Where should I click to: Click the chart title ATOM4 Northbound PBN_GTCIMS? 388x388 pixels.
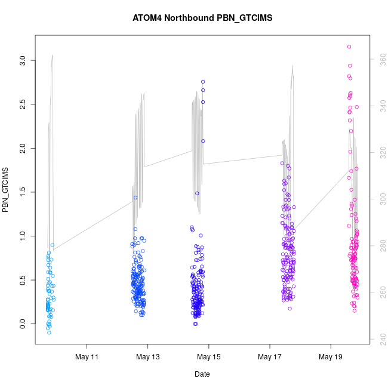tap(202, 18)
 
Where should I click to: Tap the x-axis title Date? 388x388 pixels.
tap(202, 374)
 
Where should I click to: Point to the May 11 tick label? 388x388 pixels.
tap(87, 357)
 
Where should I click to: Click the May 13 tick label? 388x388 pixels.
tap(148, 357)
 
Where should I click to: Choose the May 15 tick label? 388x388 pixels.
tap(209, 357)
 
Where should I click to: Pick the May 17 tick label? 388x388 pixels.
tap(270, 357)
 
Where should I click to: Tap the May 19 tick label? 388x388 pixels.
tap(331, 357)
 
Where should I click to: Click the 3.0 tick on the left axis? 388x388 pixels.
tap(22, 60)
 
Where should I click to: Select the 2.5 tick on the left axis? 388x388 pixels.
tap(22, 104)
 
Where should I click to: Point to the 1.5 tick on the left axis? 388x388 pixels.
tap(22, 192)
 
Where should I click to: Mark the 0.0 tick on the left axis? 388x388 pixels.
tap(22, 324)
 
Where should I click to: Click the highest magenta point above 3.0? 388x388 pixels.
tap(349, 47)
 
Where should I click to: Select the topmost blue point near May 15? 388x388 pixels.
tap(203, 82)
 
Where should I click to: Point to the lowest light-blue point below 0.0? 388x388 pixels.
tap(49, 332)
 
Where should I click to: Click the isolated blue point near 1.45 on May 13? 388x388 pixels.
tap(136, 197)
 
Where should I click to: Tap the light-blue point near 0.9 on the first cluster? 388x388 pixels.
tap(53, 245)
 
